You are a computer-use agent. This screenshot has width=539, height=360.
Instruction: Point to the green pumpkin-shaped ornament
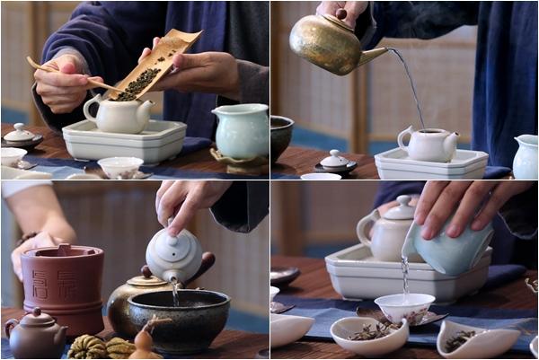(x=88, y=347)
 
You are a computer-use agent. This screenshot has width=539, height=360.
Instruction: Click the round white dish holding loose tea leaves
(x=368, y=335)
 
